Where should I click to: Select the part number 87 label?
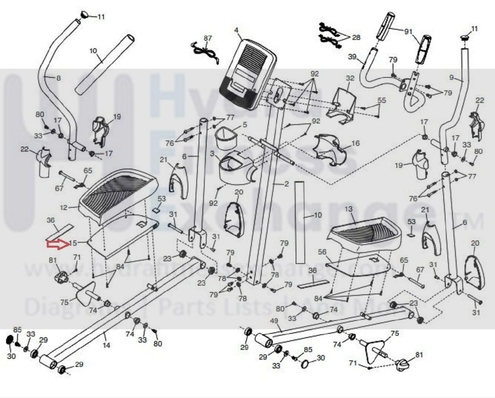[x=208, y=38]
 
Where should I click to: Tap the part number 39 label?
[x=352, y=57]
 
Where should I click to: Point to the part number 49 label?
[x=274, y=321]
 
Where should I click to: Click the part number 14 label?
[x=107, y=345]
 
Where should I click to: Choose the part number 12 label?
[x=64, y=208]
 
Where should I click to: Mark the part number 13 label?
[x=348, y=209]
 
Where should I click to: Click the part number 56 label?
[x=322, y=252]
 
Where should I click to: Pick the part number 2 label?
[x=286, y=184]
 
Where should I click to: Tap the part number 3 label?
[x=212, y=154]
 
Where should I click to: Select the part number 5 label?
[x=245, y=124]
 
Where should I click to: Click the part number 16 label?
[x=355, y=143]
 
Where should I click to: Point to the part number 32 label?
[x=350, y=78]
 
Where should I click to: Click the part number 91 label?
[x=408, y=32]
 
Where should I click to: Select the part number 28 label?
[x=356, y=37]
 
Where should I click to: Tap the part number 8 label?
[x=58, y=78]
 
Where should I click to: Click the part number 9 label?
[x=452, y=78]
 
